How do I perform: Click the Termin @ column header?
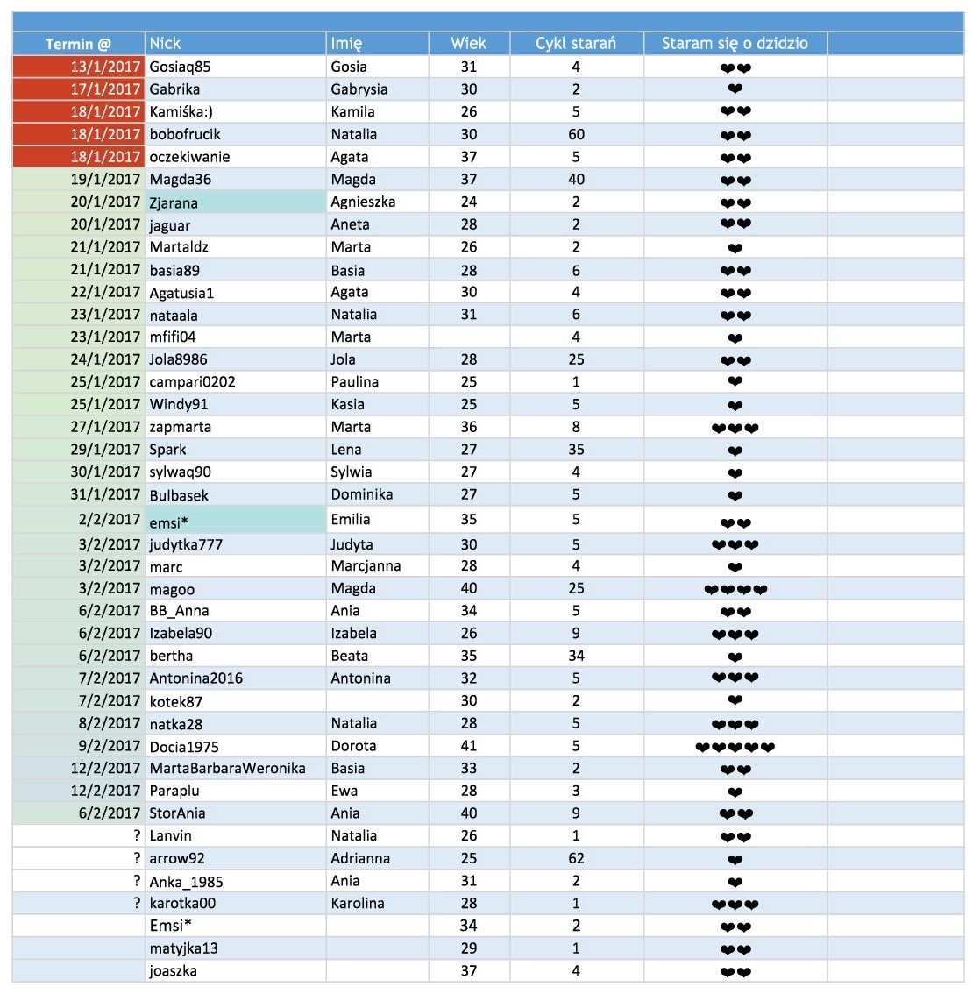[x=78, y=44]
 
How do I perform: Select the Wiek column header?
[x=468, y=43]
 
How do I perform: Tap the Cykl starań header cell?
[x=576, y=43]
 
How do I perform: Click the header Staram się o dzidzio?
[x=735, y=43]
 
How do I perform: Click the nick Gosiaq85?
[x=180, y=67]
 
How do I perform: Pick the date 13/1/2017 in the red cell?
[x=105, y=67]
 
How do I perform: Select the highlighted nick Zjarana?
[x=174, y=202]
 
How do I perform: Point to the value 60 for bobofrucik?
[x=576, y=134]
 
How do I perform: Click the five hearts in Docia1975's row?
[x=735, y=748]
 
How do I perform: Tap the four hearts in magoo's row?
[x=735, y=589]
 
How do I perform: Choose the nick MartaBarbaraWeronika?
[x=227, y=769]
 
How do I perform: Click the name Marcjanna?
[x=366, y=566]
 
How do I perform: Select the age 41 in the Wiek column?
[x=469, y=746]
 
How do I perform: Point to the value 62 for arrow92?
[x=576, y=859]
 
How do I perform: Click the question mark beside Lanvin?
[x=137, y=836]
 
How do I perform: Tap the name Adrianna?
[x=360, y=859]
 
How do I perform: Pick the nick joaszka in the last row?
[x=173, y=971]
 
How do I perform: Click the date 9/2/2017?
[x=109, y=746]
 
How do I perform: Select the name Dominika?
[x=361, y=495]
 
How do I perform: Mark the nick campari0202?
[x=192, y=382]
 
